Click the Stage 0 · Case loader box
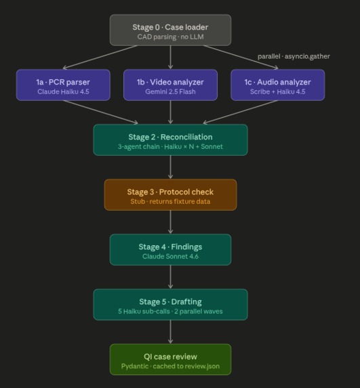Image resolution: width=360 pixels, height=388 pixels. (170, 30)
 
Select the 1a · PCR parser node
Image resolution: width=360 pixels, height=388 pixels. (62, 85)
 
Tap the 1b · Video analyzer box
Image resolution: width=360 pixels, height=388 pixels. (170, 85)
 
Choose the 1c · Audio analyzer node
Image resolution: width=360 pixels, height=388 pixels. (278, 85)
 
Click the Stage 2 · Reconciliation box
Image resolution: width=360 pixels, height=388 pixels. (170, 140)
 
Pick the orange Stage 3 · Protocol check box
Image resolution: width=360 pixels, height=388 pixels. (170, 195)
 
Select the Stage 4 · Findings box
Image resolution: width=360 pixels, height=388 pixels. (170, 250)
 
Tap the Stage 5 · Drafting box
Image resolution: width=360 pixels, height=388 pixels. (170, 305)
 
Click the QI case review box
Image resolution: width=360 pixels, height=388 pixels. (170, 360)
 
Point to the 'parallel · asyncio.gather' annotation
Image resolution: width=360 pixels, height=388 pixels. (294, 56)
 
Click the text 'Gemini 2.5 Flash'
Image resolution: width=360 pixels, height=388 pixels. (170, 91)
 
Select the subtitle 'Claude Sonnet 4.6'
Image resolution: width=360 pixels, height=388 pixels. (170, 256)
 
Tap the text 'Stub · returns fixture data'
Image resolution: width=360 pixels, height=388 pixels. (170, 201)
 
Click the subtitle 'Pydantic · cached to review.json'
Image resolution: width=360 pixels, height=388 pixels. (170, 366)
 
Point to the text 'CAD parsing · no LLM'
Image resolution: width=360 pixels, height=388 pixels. (170, 37)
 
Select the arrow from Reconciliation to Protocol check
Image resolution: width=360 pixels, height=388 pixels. (170, 167)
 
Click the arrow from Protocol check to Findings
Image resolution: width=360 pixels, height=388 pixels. (170, 222)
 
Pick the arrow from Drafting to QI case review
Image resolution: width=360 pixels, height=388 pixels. (170, 332)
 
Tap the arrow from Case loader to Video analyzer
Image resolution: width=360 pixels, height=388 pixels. (170, 58)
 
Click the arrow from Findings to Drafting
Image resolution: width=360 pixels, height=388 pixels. (170, 277)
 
